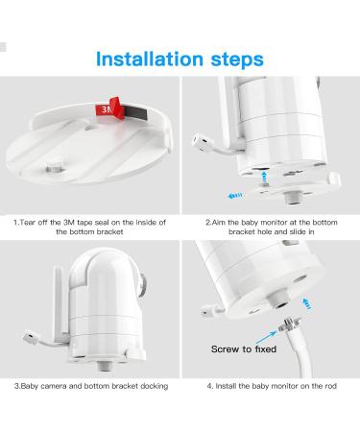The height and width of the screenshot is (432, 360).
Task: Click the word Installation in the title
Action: tap(150, 59)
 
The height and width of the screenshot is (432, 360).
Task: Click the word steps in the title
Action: tap(237, 60)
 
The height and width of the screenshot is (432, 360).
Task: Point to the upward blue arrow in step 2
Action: tap(264, 177)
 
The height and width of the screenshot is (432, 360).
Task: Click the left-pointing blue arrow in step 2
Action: tap(235, 195)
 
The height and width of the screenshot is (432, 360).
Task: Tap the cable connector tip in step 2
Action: tap(200, 142)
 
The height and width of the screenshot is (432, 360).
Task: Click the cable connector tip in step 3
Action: tap(31, 338)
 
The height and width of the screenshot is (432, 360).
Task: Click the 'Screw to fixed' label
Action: tap(244, 348)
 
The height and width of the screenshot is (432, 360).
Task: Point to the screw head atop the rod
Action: tap(289, 324)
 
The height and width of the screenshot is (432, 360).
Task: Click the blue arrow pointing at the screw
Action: tap(266, 338)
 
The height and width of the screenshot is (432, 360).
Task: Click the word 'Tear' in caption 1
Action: tap(27, 222)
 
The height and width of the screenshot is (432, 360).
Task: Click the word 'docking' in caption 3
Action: tap(154, 386)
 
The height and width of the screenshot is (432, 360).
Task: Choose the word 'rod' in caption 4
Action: tap(330, 386)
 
